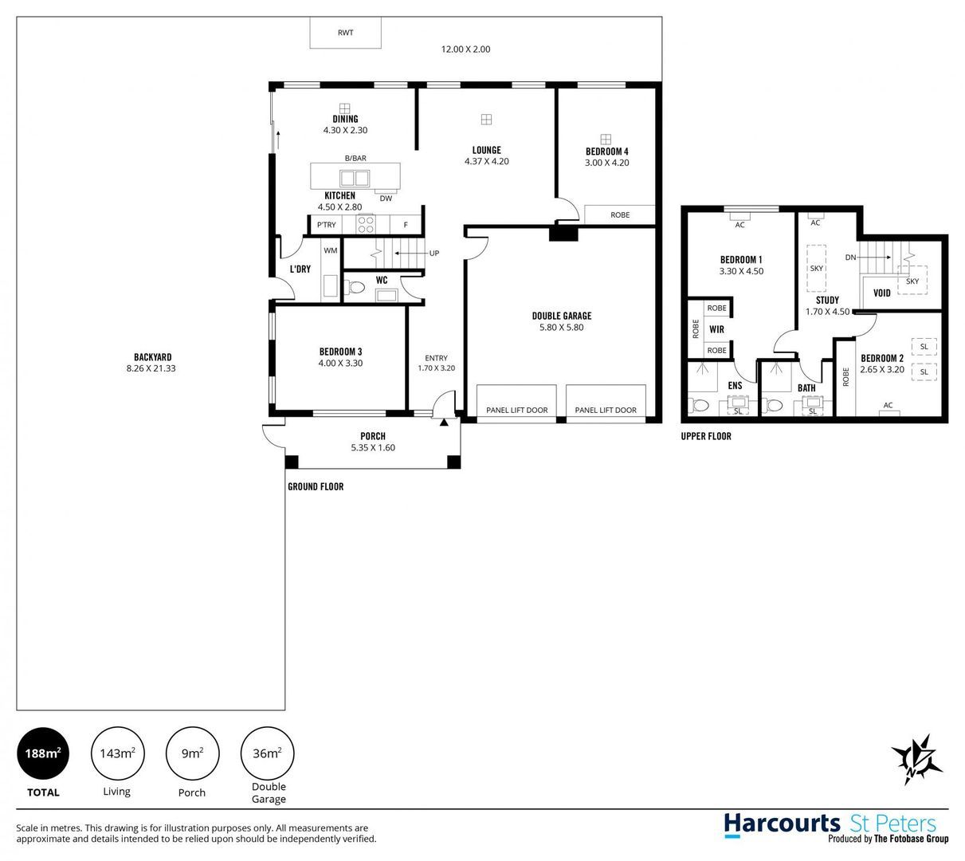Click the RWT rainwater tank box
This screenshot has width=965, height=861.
pos(345,33)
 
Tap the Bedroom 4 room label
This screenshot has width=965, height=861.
pos(607,151)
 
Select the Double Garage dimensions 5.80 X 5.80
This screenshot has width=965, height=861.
pos(562,328)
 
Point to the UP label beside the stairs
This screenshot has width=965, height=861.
pos(434,253)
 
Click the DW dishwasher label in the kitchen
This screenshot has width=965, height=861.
pos(386,199)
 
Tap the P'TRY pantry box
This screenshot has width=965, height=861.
pos(326,225)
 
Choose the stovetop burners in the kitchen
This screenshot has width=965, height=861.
pos(366,225)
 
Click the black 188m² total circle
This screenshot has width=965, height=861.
pos(43,753)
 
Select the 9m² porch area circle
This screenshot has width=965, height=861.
pos(192,753)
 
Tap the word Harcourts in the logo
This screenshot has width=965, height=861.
pos(782,824)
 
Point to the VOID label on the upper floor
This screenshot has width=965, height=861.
pos(881,293)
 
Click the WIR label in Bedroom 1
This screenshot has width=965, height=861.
pos(716,329)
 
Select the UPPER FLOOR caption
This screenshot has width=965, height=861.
pos(706,436)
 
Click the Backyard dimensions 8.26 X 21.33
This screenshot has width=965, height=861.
pos(151,368)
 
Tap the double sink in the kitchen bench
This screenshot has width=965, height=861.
pos(355,179)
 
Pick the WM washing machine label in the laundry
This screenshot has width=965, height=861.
pos(330,250)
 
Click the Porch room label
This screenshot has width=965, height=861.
pos(373,436)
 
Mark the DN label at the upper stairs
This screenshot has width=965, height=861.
pos(851,258)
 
